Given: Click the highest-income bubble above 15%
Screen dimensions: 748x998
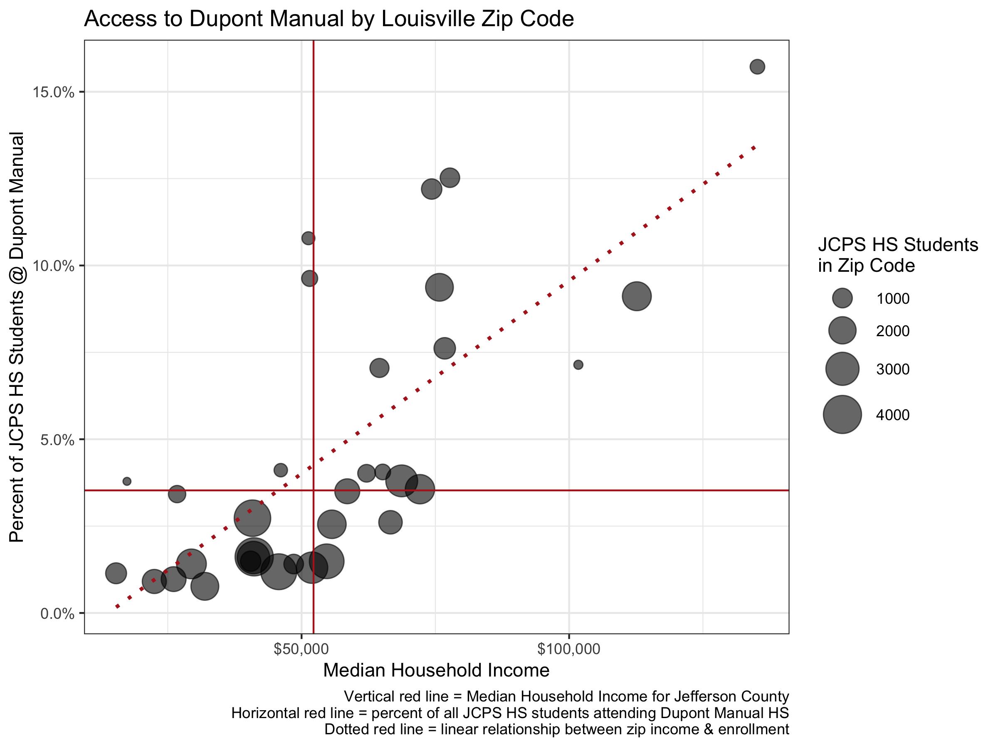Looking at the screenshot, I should click(x=757, y=67).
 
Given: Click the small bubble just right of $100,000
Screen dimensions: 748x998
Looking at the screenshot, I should click(x=578, y=365).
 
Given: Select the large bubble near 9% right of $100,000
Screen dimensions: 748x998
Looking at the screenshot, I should click(x=636, y=296).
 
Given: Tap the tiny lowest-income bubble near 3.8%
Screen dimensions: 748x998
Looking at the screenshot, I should click(x=127, y=482).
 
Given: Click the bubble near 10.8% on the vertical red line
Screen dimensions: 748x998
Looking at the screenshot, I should click(x=308, y=238).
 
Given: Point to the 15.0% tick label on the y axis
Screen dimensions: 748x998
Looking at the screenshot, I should click(x=53, y=92).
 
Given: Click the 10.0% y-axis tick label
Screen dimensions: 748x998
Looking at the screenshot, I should click(x=53, y=266).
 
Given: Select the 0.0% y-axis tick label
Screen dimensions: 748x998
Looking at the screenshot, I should click(x=57, y=614).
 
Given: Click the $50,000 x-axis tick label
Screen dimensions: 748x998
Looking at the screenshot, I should click(x=301, y=649).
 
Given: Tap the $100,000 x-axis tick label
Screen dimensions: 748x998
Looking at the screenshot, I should click(x=568, y=649).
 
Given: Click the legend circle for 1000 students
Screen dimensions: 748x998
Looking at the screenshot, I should click(x=842, y=298).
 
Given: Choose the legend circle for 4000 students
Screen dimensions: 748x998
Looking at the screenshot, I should click(x=842, y=415).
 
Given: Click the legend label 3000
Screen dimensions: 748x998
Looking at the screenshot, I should click(x=892, y=370).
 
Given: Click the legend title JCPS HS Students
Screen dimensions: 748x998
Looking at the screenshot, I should click(x=898, y=245).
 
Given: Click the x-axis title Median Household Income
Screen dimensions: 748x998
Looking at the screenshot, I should click(x=436, y=670).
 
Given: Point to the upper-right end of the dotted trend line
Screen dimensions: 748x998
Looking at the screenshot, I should click(x=754, y=148).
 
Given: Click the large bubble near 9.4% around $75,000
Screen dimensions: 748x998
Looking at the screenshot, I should click(x=439, y=287).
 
